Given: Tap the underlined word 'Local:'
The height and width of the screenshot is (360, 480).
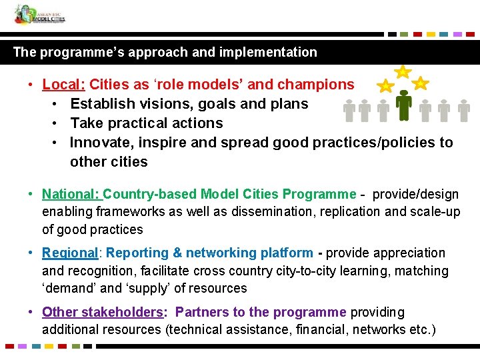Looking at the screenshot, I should pos(64,85).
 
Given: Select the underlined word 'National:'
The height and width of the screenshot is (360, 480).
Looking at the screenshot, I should pos(71,195).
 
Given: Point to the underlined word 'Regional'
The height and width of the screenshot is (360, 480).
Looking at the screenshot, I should pos(70,253).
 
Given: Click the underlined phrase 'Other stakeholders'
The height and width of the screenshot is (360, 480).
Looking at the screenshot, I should pos(102,312).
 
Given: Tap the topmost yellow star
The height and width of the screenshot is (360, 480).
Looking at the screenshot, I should pos(403,71).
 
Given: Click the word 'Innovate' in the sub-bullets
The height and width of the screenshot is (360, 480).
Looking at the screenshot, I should pos(97,143).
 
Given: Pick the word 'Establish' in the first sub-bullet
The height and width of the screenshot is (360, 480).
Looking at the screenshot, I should pos(99,104).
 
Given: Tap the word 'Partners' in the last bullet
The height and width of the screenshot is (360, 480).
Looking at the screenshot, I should pos(202,312).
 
